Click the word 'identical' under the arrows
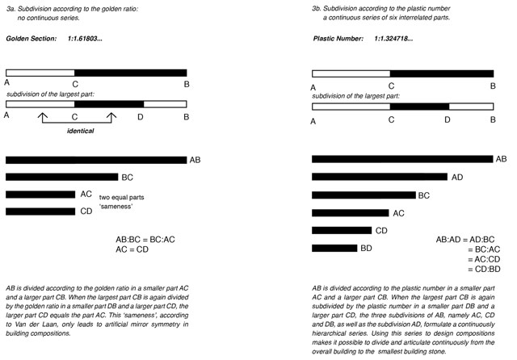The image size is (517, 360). click(x=79, y=130)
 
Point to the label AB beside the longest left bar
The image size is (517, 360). click(x=195, y=161)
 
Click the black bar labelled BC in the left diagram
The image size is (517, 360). click(x=61, y=177)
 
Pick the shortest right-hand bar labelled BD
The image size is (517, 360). click(x=334, y=248)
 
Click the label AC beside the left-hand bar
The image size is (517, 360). click(x=86, y=195)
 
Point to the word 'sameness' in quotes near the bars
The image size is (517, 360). click(x=118, y=207)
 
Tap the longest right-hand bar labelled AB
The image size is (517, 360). click(x=401, y=159)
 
